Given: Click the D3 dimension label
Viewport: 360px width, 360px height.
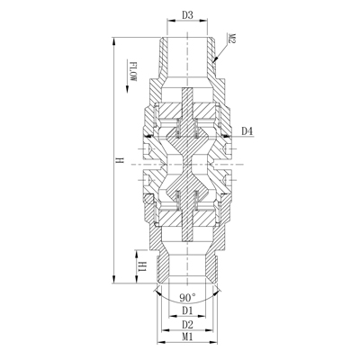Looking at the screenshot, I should click(x=188, y=14).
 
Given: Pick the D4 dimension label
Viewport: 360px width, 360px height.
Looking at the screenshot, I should click(x=247, y=131).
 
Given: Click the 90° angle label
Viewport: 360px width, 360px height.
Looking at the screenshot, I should click(x=188, y=297).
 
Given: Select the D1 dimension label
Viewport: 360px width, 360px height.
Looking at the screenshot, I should click(x=188, y=310).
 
